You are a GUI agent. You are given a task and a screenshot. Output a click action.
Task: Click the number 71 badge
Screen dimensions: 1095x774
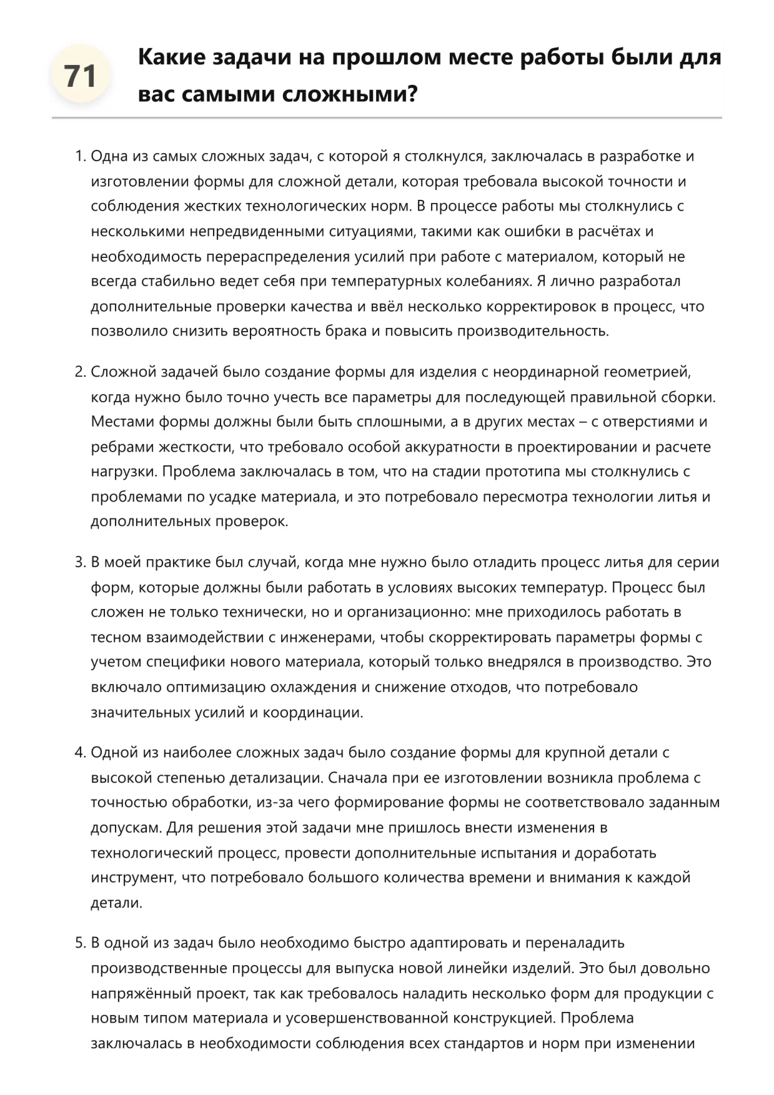tap(81, 76)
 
